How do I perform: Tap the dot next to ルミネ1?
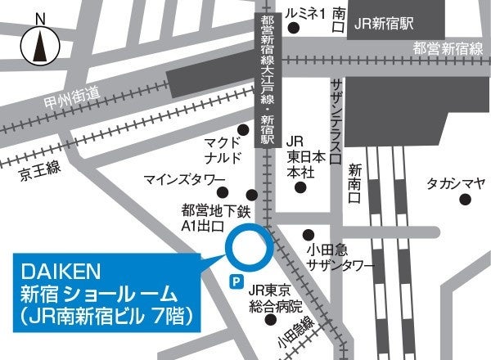293,29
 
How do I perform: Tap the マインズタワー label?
184,178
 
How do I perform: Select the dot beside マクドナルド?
242,130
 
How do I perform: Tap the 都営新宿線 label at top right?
448,48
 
